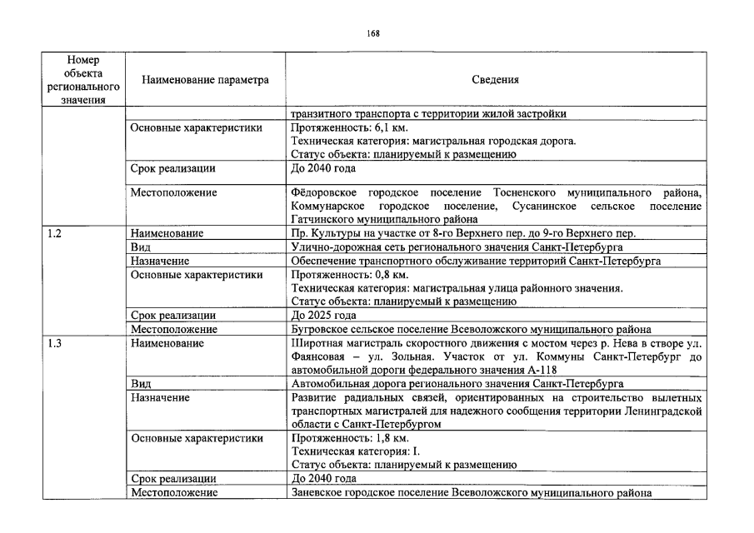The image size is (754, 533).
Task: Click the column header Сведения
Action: [495, 81]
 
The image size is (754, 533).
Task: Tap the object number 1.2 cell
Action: [54, 235]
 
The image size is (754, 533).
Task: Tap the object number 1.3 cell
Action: [54, 342]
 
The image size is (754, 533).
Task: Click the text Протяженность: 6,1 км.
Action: [343, 128]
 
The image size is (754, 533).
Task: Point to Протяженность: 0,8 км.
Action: [343, 275]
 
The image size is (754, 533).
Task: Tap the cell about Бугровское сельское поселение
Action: [471, 329]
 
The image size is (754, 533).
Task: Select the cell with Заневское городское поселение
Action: [470, 491]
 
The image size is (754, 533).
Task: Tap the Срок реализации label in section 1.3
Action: [173, 478]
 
